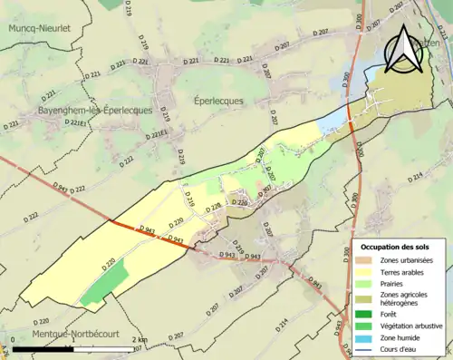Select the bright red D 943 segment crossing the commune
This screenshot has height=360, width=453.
click(x=149, y=234)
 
